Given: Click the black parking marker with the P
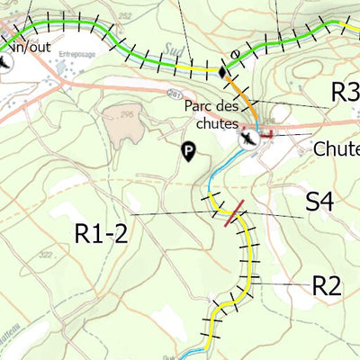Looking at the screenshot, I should tap(188, 152).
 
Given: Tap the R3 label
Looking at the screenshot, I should tap(345, 91).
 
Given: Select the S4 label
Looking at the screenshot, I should tap(319, 202).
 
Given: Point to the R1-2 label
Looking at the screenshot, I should tap(102, 234).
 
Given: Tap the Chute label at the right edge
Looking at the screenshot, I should tap(337, 149).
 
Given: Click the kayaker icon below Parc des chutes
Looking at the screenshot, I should tap(247, 139).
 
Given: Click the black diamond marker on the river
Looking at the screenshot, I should tap(222, 70).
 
